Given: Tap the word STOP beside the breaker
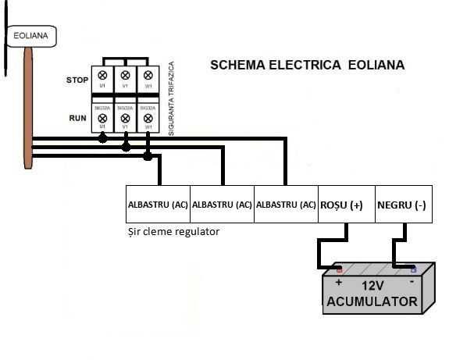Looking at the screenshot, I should click(x=77, y=80).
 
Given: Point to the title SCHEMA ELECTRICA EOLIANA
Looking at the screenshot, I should click(x=308, y=65).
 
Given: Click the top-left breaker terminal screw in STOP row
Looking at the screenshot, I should click(x=102, y=76).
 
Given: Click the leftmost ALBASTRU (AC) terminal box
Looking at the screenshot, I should click(x=158, y=205).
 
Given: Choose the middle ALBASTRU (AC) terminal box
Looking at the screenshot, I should click(x=223, y=205).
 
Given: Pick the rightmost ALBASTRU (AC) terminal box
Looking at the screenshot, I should click(x=287, y=205).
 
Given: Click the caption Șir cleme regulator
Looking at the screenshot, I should click(x=173, y=232).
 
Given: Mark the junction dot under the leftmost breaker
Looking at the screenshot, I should click(x=102, y=140).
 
